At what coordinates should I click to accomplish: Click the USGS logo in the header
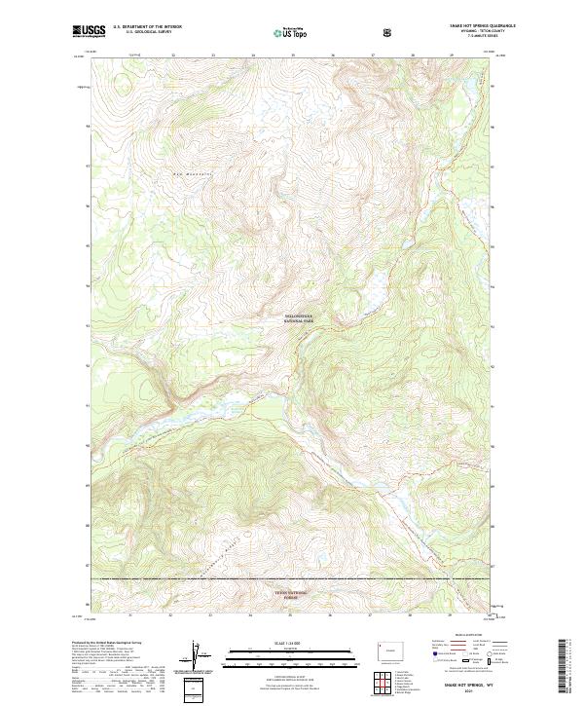point(89,31)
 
